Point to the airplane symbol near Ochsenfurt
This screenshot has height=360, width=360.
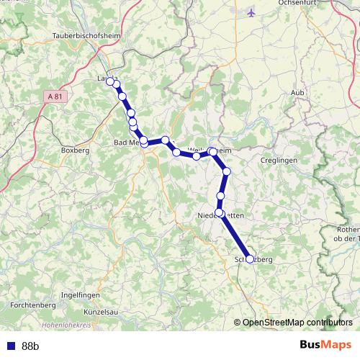(251, 12)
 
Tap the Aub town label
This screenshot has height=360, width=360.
(299, 92)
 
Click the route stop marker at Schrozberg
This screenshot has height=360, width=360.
(250, 259)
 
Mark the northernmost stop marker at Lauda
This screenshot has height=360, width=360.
(110, 81)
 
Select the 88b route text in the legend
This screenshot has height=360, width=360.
(30, 346)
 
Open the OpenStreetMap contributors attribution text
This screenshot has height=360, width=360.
(297, 322)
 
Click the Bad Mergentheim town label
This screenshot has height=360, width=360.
(128, 143)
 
